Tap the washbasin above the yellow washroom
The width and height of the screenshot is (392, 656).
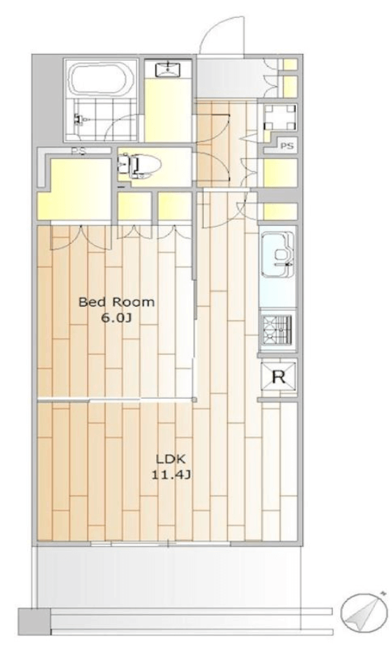pos(167,68)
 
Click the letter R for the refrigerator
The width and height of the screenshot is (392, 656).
pos(279,377)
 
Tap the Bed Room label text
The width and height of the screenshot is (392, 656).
pos(116,302)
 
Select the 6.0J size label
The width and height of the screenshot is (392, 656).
pos(116,318)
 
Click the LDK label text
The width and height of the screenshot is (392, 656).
pos(170,459)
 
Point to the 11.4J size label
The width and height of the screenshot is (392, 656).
pos(170,475)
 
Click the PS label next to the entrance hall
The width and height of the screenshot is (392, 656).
pos(287,146)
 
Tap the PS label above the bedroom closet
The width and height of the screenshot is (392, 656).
pos(78,151)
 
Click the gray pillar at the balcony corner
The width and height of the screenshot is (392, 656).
pos(34,621)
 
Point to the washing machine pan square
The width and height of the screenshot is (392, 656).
pos(280,117)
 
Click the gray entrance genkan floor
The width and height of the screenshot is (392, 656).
pos(227,78)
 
